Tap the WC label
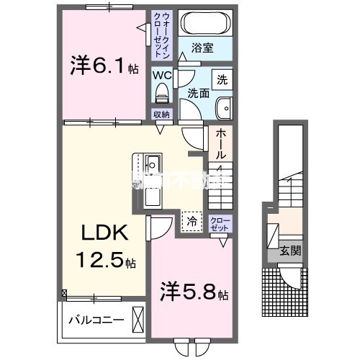161,73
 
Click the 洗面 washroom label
198,93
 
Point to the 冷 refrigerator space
191,222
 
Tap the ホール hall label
220,144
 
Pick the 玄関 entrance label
291,251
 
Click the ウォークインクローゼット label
161,35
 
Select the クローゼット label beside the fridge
220,222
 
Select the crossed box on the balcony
138,319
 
